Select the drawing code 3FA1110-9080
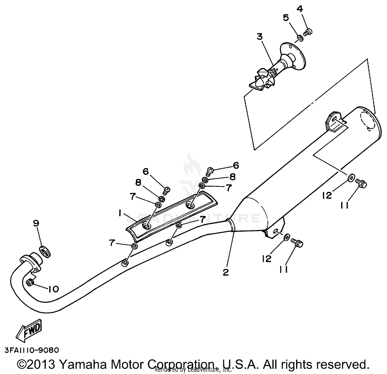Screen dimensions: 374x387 click(32, 350)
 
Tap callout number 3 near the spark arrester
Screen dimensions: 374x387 click(259, 37)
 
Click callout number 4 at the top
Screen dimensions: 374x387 click(299, 9)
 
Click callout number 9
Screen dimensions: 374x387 click(36, 223)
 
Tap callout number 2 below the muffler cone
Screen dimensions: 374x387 click(226, 272)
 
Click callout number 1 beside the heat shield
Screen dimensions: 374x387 click(120, 213)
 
